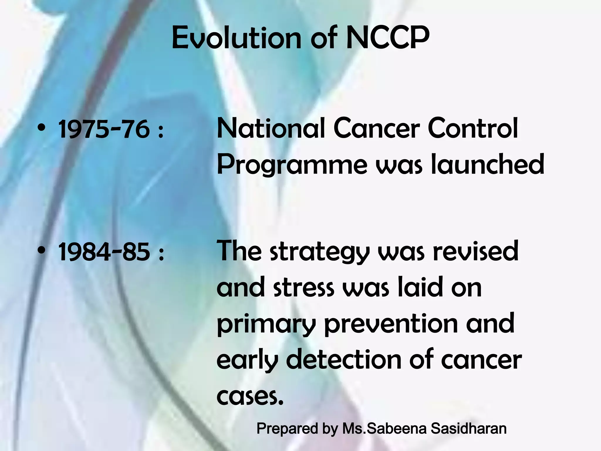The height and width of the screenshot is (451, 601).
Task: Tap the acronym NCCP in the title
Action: (x=388, y=38)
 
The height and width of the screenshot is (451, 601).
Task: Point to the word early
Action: (x=247, y=361)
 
